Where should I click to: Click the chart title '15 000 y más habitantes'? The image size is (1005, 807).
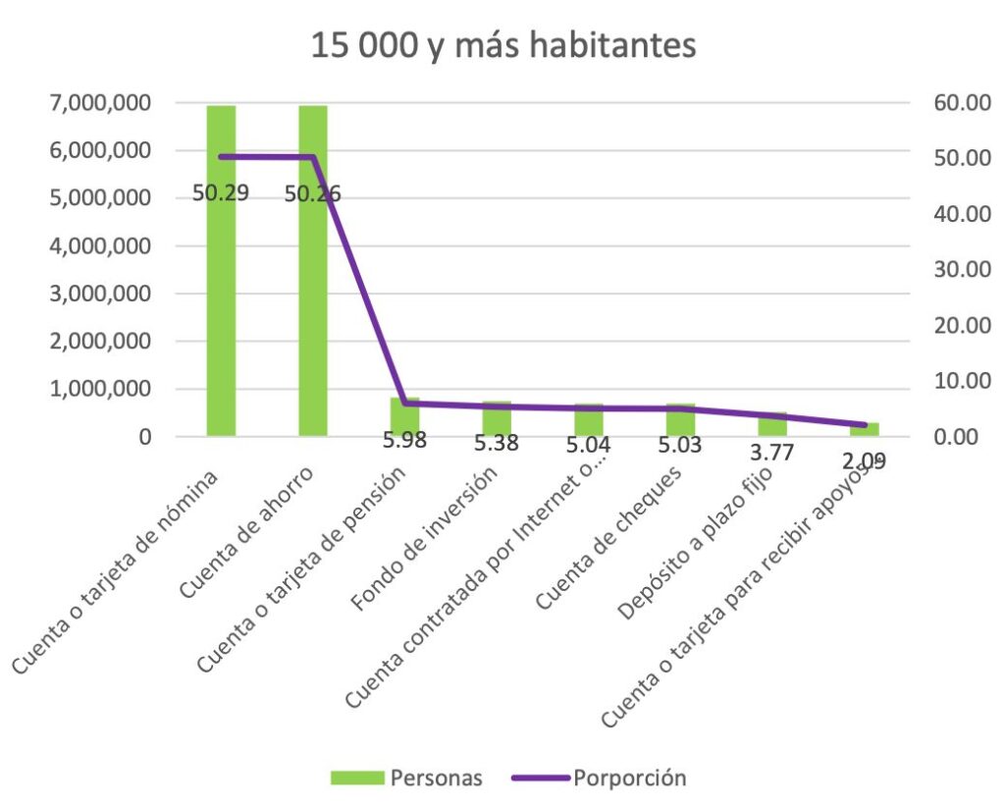[503, 45]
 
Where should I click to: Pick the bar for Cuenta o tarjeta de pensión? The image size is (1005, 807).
[404, 416]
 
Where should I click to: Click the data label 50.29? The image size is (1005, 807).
[221, 192]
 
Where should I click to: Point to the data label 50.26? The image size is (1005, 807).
[313, 193]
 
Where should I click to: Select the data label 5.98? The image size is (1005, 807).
[405, 441]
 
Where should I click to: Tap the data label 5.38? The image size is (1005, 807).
[498, 444]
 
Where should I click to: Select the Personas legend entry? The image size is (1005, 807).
[408, 778]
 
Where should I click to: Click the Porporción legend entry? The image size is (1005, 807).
[600, 778]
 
